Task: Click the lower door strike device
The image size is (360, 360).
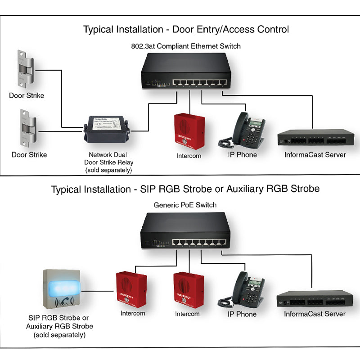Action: tap(27, 130)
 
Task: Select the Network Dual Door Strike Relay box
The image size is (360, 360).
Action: tap(106, 129)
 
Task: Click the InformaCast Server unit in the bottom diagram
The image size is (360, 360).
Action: tap(315, 299)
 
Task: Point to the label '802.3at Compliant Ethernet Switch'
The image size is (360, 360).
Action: tap(185, 46)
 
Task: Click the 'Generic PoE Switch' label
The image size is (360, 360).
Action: tap(185, 205)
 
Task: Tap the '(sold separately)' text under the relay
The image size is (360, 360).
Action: tap(108, 170)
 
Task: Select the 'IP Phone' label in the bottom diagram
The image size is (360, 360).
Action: tap(242, 314)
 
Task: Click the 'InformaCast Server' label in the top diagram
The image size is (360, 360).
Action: tap(315, 155)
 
